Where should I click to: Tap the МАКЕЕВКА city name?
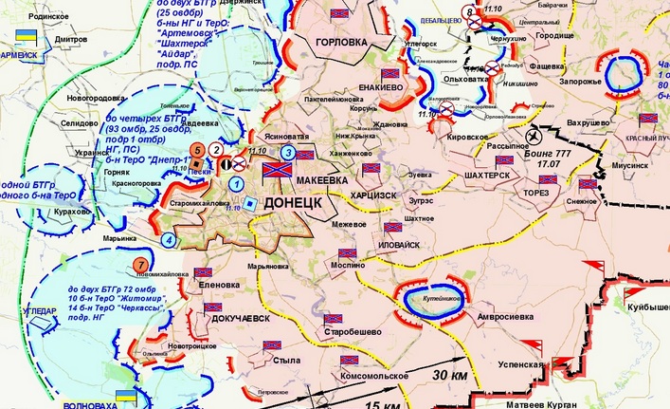pyautogui.click(x=325, y=178)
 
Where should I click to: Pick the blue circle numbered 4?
pyautogui.click(x=169, y=239)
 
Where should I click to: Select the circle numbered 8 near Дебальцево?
pyautogui.click(x=472, y=12)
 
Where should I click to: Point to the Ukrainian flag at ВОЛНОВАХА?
pyautogui.click(x=122, y=394)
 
